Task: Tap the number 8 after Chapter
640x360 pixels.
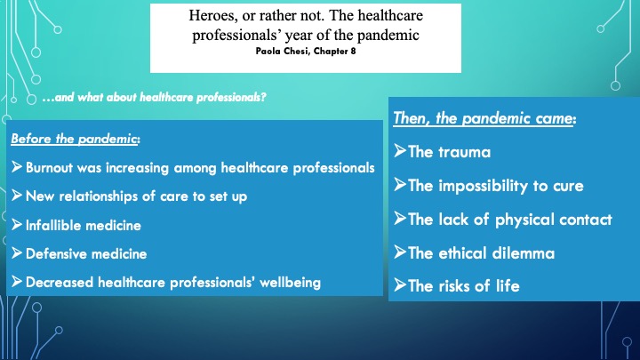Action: [353, 51]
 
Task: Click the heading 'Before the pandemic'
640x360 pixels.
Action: [74, 140]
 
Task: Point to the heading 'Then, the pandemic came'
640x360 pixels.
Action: [484, 118]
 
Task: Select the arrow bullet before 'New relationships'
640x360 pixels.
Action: [17, 195]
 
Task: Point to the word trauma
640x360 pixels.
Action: [464, 152]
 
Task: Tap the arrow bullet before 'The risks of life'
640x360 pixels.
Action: [400, 284]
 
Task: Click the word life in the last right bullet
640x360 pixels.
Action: [508, 285]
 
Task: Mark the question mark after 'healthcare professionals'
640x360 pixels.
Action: [263, 98]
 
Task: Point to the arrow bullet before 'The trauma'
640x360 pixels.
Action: [400, 150]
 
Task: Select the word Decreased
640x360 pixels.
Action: [60, 283]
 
